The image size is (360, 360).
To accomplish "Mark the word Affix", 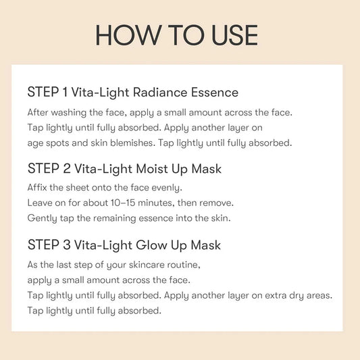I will tap(38, 187).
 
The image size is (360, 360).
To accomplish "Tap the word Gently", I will tap(42, 218).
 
